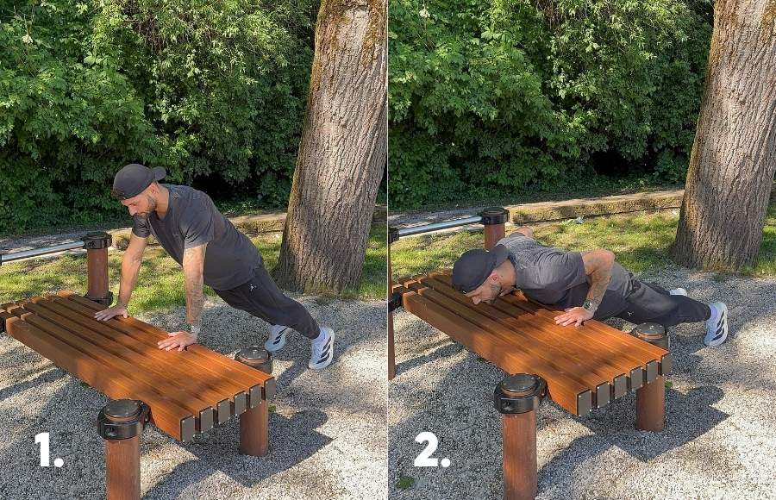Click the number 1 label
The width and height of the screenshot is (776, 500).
(x=47, y=449)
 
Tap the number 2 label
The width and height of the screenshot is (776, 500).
(x=432, y=449)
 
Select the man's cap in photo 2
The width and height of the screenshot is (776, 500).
(x=478, y=267)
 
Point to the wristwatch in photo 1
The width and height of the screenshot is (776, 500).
(x=193, y=328)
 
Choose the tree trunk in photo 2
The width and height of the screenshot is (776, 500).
(x=728, y=134)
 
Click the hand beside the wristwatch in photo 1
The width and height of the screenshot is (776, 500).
(x=177, y=341)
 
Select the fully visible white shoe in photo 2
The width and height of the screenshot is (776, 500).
(x=717, y=324)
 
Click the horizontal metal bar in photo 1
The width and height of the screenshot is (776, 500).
(x=41, y=252)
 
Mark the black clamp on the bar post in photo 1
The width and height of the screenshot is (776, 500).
(x=97, y=241)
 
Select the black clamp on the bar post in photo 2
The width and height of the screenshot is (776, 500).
(x=493, y=216)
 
